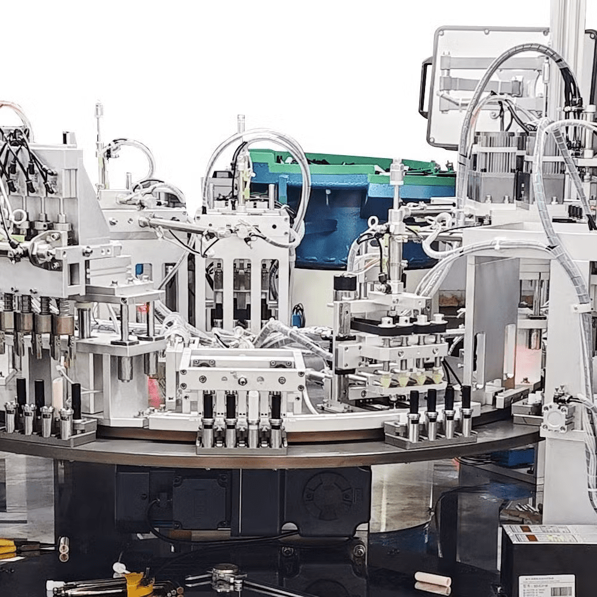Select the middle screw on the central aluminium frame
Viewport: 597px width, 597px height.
click(x=242, y=380)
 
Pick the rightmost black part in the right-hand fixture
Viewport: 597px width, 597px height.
click(x=466, y=397)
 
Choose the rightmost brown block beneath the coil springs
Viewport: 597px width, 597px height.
click(x=63, y=325)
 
